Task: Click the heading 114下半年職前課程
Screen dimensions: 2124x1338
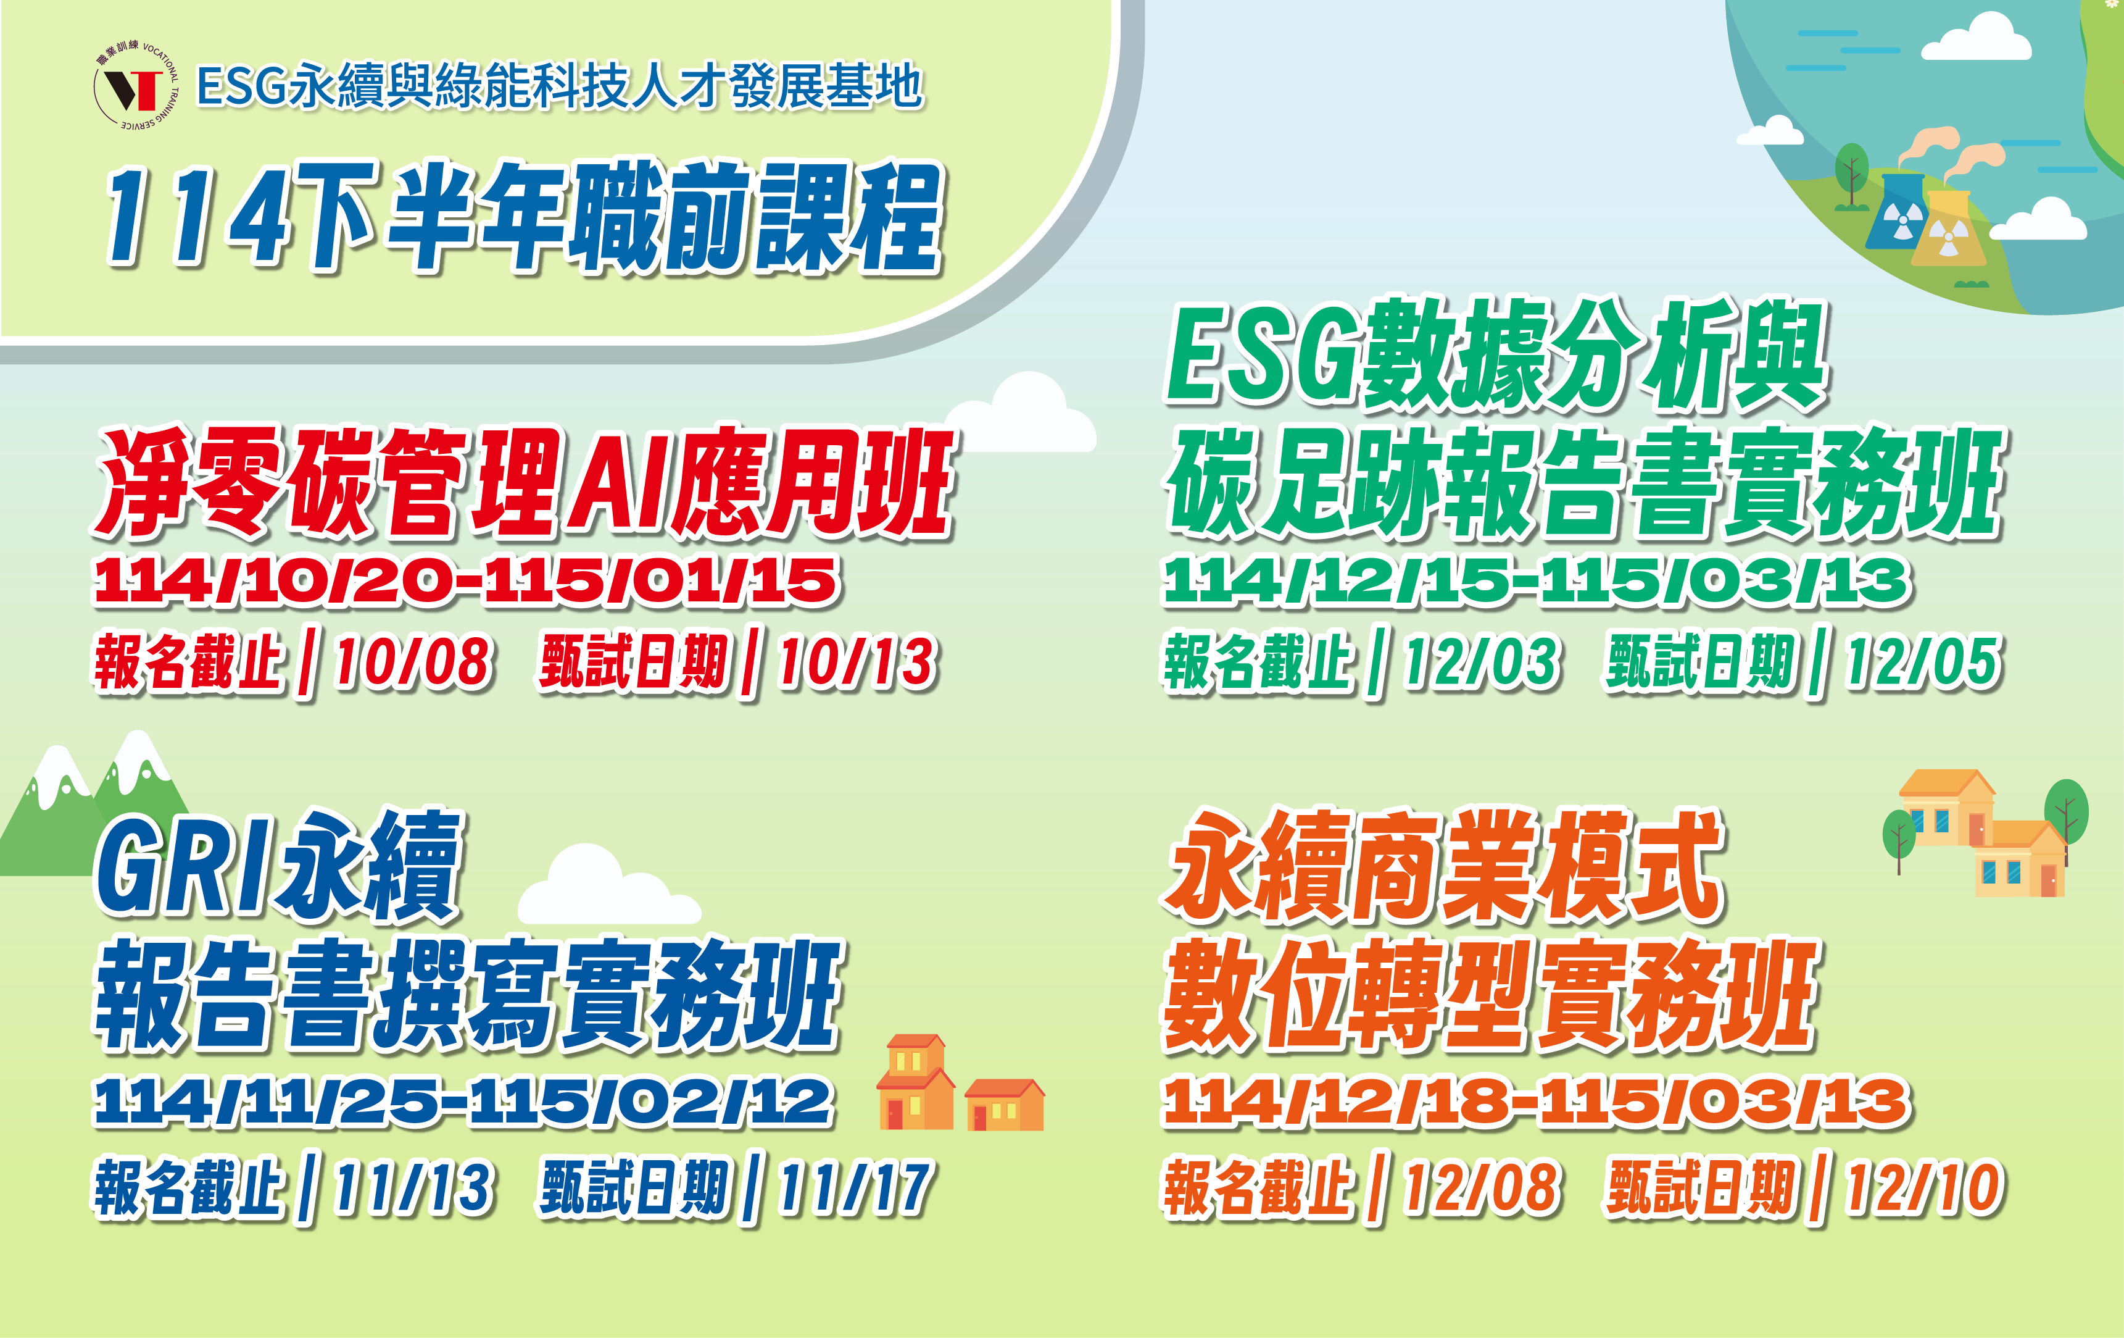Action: [x=524, y=216]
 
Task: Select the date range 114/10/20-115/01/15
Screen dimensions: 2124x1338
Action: [x=468, y=581]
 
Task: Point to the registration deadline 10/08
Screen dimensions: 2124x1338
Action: [x=413, y=662]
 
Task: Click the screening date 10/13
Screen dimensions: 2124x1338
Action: [x=857, y=662]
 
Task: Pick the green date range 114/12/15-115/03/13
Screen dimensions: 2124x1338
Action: [x=1537, y=581]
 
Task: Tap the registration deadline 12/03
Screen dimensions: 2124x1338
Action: [x=1482, y=662]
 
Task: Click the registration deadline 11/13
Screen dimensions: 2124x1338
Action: [x=413, y=1187]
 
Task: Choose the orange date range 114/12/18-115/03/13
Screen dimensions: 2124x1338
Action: [x=1537, y=1102]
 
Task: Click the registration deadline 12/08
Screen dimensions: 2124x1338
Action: [x=1482, y=1187]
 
